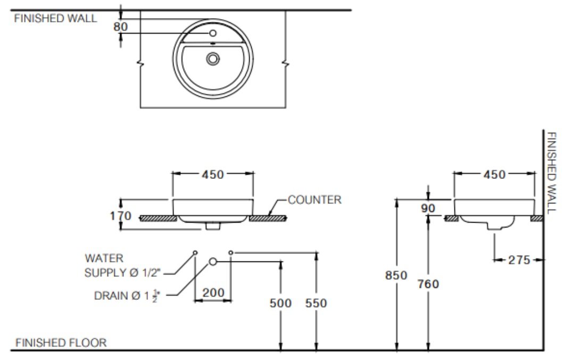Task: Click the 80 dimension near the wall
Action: point(121,26)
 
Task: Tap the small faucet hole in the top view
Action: point(213,33)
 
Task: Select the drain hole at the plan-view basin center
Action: point(213,59)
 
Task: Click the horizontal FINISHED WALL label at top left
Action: point(56,18)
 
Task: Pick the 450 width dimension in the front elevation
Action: point(212,174)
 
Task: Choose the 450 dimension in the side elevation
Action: point(494,174)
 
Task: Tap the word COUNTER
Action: point(314,200)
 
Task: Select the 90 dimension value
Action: point(428,208)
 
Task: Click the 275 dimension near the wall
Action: point(519,260)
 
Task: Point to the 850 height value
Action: point(396,275)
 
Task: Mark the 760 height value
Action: point(428,284)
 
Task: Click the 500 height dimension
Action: point(280,303)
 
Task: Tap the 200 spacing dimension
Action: point(213,292)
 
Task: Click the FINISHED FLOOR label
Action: point(61,342)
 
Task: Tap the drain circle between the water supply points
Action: point(213,261)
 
